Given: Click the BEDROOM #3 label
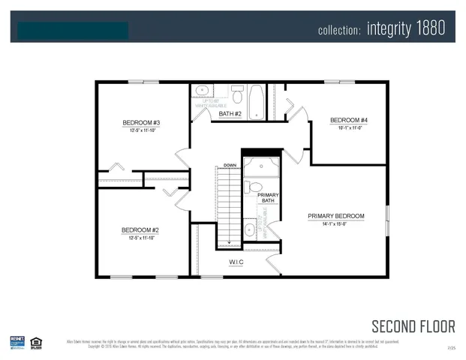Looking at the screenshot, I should coord(142,122).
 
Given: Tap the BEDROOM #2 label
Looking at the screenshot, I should coord(141,230).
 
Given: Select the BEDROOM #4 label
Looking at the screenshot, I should coord(349,120).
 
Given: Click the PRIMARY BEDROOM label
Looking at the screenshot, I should coord(335,216).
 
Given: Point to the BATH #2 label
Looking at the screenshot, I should coord(230,114).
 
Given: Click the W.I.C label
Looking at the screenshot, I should coord(236,262).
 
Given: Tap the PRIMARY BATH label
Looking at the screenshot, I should coord(268,198).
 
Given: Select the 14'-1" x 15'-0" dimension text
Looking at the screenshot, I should coord(335,223).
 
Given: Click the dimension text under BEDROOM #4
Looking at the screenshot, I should coord(349,128).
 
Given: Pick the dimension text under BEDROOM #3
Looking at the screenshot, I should coord(142,130).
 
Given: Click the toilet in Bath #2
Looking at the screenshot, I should coord(237,95).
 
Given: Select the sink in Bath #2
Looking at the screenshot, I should coord(203,91).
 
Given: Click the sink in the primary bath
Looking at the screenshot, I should coord(249,229).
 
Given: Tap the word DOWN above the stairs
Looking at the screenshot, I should coord(230,164).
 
